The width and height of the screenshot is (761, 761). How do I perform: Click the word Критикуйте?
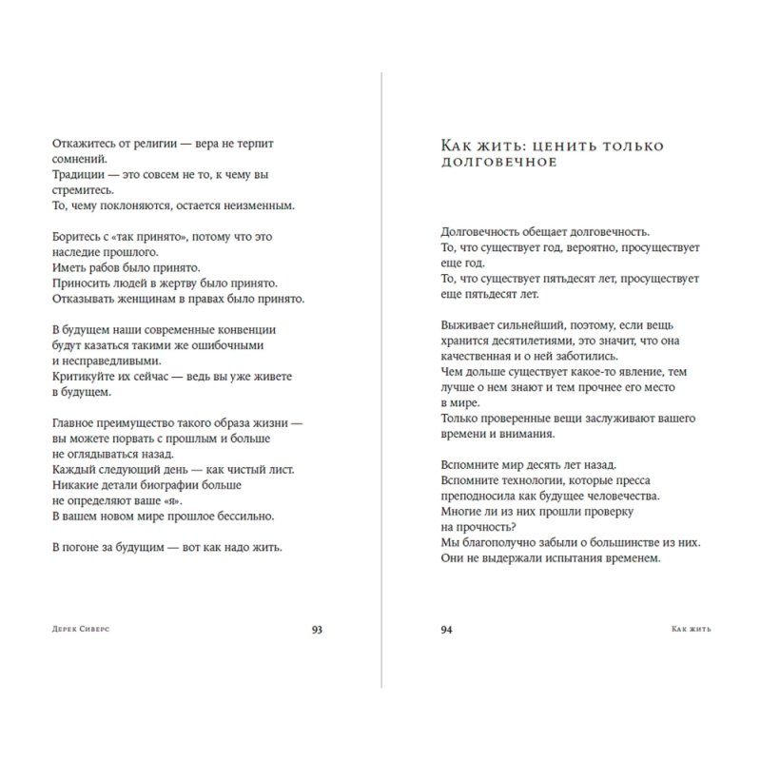[86, 376]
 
